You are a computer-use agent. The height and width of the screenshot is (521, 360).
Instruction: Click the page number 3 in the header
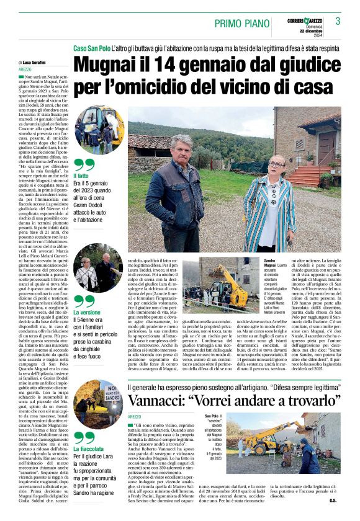(338, 21)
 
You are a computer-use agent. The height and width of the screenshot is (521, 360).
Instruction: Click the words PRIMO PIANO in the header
(243, 23)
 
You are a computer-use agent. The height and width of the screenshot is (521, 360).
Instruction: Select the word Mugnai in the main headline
(111, 64)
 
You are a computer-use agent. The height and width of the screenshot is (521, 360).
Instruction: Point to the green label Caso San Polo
(94, 48)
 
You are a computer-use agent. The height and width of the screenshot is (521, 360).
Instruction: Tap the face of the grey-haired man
(185, 151)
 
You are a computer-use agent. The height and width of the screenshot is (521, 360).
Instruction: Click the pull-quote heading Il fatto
(83, 178)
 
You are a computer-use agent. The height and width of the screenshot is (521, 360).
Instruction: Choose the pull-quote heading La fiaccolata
(89, 448)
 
